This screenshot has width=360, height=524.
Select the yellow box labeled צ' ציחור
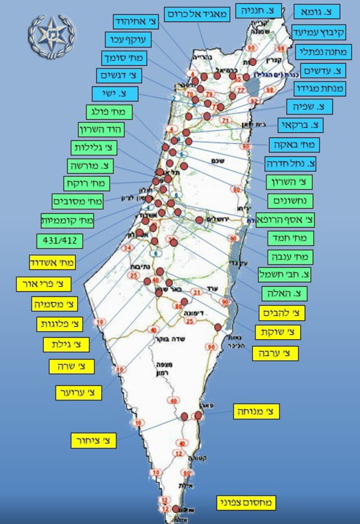(94, 440)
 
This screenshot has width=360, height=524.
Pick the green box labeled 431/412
(60, 240)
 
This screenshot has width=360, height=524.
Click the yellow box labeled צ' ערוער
(79, 392)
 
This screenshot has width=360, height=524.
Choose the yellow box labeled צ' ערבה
(275, 353)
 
